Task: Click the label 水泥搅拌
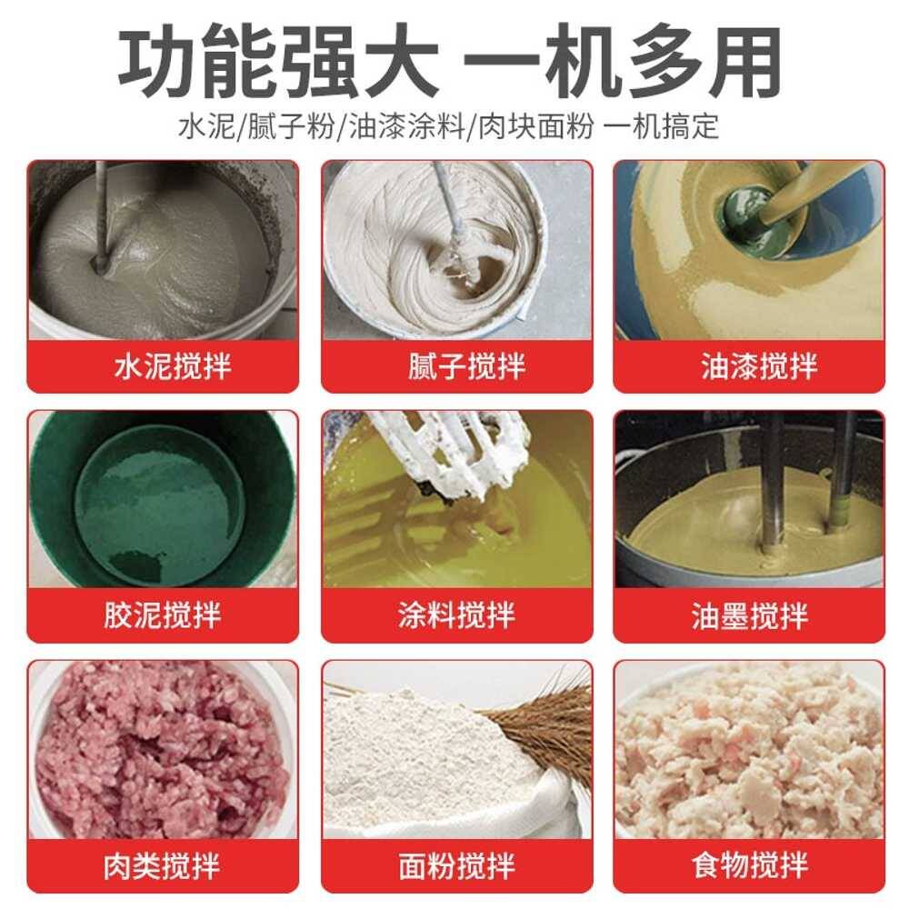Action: (x=173, y=365)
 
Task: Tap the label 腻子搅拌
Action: (x=466, y=365)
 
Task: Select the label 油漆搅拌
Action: (x=759, y=365)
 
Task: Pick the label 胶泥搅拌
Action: (x=163, y=615)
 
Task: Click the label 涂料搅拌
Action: (x=457, y=615)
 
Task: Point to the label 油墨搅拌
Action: (x=749, y=615)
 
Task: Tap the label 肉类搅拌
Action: (x=162, y=866)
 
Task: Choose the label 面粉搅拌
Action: (x=457, y=866)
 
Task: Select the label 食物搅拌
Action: (x=749, y=866)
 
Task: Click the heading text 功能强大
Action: (x=278, y=61)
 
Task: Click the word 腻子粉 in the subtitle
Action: (x=291, y=125)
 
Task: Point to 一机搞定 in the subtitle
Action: (x=662, y=125)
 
